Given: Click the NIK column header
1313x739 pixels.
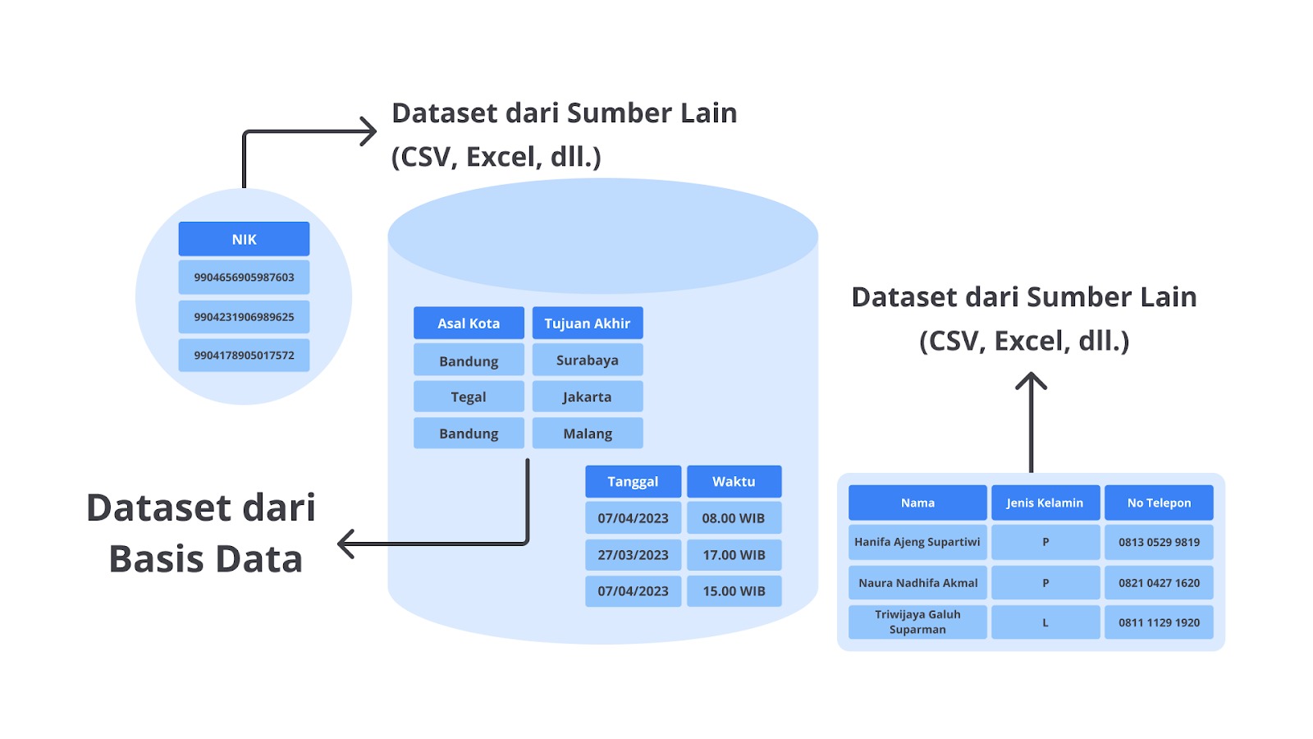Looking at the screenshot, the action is [244, 239].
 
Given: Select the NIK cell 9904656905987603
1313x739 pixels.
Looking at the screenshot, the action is [244, 278].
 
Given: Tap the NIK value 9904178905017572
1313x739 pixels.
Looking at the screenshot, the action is [244, 355].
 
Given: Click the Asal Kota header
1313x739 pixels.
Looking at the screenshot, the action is [469, 324].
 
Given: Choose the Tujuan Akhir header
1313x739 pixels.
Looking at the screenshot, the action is [588, 324].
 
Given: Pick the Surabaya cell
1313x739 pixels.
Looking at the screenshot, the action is [588, 360].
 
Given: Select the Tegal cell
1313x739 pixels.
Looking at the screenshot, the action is [469, 397].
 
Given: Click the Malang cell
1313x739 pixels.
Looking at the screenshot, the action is [588, 433].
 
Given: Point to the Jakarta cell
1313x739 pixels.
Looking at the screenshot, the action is [588, 397].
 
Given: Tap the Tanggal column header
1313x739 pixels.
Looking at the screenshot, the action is [633, 481].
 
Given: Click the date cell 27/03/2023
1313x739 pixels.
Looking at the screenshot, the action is [633, 555].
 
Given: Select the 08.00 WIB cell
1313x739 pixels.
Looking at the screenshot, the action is [734, 518].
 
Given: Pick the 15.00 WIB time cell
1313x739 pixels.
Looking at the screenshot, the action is [734, 590].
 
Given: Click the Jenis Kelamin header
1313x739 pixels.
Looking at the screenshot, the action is [1045, 503].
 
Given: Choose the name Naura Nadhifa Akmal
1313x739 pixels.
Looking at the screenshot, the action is [918, 582].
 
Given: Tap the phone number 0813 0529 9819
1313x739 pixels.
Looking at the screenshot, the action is [1159, 542].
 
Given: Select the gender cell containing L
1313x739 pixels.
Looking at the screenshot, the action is [1045, 622].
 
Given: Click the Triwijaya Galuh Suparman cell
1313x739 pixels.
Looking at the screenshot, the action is [918, 622].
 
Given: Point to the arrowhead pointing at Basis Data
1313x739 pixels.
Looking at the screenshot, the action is [345, 544].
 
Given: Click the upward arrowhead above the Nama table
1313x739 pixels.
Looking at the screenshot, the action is [1031, 381].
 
